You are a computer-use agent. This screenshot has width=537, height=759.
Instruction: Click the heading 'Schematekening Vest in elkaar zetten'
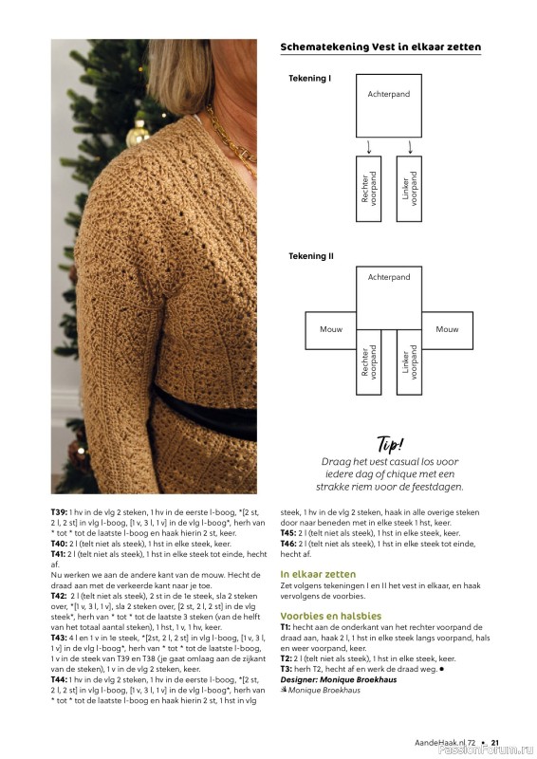[380, 46]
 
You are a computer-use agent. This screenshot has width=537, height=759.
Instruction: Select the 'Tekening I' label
[310, 79]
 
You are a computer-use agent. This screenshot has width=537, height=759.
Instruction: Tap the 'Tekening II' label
[311, 256]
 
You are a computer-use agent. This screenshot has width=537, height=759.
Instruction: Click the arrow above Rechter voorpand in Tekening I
[369, 147]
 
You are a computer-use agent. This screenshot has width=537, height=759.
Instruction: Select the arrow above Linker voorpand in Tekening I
[410, 147]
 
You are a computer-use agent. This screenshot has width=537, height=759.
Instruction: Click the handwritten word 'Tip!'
[390, 444]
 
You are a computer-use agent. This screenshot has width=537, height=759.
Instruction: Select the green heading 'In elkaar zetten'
[318, 574]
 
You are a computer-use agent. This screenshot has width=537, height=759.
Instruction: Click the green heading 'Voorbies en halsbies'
[331, 616]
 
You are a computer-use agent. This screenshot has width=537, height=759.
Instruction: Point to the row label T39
[59, 512]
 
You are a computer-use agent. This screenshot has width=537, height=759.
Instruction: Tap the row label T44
[59, 679]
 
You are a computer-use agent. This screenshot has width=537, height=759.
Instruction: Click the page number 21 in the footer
[495, 743]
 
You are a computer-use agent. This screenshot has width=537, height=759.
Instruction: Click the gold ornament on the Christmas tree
[138, 134]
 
